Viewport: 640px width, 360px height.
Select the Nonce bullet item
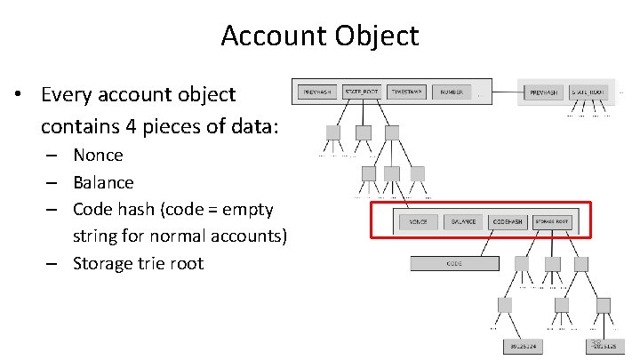pos(98,155)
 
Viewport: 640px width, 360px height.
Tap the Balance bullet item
pos(103,182)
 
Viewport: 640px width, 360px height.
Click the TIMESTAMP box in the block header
pos(407,91)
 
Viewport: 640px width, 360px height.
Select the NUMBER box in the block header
pos(452,91)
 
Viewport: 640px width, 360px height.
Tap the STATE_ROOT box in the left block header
pos(361,91)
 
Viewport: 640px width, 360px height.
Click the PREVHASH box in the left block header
pos(316,91)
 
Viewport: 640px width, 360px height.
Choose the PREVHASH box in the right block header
pos(543,91)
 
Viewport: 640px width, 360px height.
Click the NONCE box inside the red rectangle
pos(418,220)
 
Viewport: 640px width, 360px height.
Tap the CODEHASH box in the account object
pos(508,220)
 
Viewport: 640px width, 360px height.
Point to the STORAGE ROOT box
pos(552,220)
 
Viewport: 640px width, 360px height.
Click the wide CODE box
pos(453,263)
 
